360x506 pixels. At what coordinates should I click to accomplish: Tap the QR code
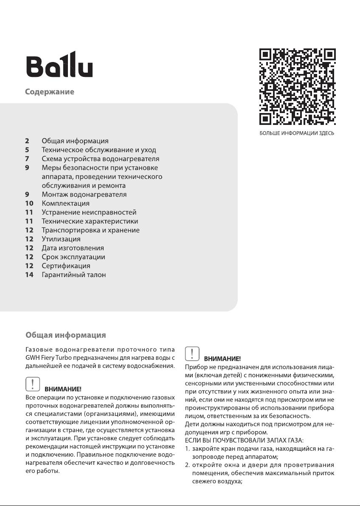pyautogui.click(x=297, y=87)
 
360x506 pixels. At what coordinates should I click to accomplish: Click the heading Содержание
pyautogui.click(x=49, y=92)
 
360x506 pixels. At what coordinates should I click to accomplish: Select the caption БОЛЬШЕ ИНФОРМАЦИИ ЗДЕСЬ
pyautogui.click(x=297, y=133)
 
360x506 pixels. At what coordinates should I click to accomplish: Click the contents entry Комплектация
pyautogui.click(x=65, y=204)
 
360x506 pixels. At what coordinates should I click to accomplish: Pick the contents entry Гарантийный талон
pyautogui.click(x=73, y=275)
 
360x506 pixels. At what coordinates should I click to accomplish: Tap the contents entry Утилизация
pyautogui.click(x=61, y=239)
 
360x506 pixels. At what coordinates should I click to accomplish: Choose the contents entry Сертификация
pyautogui.click(x=66, y=266)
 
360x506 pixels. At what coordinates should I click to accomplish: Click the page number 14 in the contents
pyautogui.click(x=29, y=275)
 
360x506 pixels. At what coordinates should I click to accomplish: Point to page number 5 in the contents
pyautogui.click(x=27, y=150)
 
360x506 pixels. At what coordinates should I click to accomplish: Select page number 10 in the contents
pyautogui.click(x=29, y=204)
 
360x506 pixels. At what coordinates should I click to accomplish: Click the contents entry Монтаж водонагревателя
pyautogui.click(x=84, y=195)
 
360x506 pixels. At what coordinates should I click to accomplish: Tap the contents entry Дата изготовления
pyautogui.click(x=73, y=248)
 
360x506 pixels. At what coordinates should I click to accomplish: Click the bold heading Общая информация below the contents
pyautogui.click(x=65, y=336)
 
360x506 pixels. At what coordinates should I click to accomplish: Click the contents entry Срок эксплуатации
pyautogui.click(x=73, y=257)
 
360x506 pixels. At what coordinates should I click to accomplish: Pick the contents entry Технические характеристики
pyautogui.click(x=90, y=221)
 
